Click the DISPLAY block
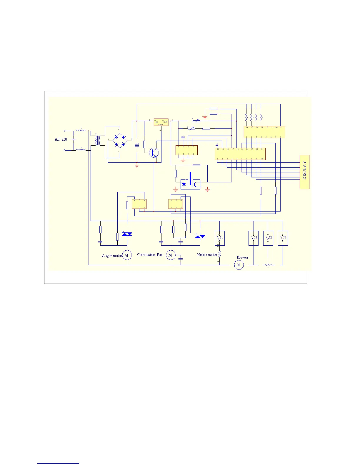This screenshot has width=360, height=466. click(304, 172)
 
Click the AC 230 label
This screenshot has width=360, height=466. click(61, 139)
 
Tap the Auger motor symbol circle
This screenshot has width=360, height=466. click(127, 255)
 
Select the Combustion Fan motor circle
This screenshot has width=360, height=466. click(170, 255)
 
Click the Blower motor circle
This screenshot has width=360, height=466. click(239, 265)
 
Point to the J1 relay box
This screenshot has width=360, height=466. click(220, 238)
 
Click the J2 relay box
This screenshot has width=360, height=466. click(254, 238)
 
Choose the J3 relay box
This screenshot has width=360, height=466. click(268, 238)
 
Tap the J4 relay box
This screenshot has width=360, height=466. click(283, 238)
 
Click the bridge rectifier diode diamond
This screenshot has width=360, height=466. click(120, 141)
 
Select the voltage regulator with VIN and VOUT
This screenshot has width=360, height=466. click(161, 122)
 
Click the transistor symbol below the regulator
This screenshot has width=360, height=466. click(154, 153)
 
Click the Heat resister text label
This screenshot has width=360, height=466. click(207, 255)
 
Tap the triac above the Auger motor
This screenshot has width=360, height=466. click(127, 234)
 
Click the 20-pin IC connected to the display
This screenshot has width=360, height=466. click(240, 154)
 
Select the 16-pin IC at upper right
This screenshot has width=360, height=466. click(264, 132)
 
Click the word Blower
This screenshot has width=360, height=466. click(242, 257)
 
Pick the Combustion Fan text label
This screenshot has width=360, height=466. click(150, 255)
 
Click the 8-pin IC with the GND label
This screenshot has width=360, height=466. click(186, 150)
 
